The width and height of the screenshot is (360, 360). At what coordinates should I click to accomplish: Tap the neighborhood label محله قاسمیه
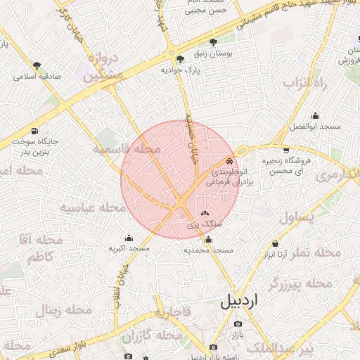[127, 150]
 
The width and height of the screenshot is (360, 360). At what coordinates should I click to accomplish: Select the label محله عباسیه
[86, 208]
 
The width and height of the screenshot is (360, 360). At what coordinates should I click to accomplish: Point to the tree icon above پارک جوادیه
[181, 58]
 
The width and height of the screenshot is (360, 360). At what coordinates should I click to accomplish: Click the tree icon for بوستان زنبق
[214, 42]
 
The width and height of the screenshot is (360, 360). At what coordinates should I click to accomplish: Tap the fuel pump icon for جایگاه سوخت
[34, 131]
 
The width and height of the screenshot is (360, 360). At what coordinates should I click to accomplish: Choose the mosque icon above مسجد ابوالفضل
[315, 115]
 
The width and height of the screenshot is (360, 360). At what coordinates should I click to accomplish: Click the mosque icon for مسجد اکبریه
[129, 238]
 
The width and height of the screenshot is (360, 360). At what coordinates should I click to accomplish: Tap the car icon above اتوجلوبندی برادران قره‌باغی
[229, 160]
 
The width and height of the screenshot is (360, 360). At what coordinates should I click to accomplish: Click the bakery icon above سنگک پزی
[205, 213]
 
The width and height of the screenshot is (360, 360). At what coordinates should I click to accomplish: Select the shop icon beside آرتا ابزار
[274, 243]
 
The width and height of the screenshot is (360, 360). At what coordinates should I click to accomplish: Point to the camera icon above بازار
[238, 323]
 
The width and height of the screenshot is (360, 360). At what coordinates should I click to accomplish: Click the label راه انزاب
[307, 83]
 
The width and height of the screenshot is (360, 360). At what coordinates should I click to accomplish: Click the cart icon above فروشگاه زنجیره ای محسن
[285, 150]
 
